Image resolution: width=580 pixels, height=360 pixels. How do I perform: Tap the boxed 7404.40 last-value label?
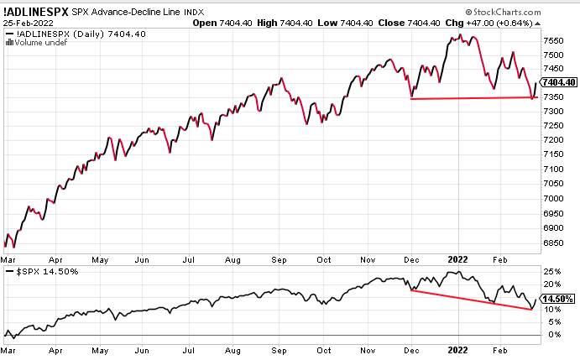click(x=559, y=82)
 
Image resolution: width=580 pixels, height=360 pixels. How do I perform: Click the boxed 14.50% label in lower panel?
click(x=558, y=299)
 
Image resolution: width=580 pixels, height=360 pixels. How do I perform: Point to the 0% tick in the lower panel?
click(x=552, y=334)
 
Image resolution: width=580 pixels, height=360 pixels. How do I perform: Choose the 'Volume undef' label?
click(x=34, y=44)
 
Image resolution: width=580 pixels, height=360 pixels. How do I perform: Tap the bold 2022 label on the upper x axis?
click(x=457, y=260)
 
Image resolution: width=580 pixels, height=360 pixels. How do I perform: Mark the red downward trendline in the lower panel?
click(x=470, y=300)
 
